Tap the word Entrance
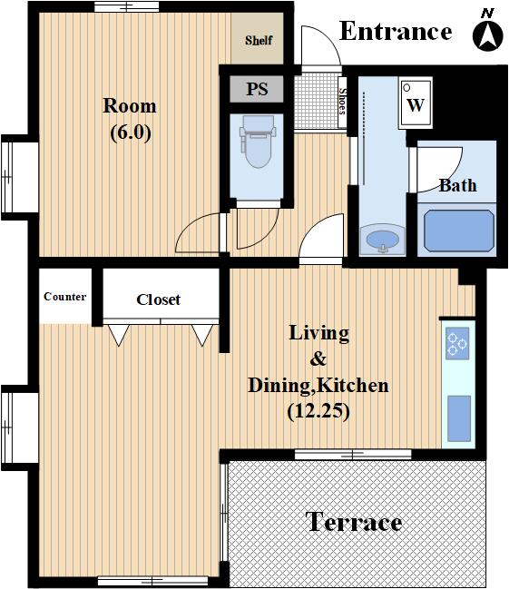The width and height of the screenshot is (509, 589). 396,31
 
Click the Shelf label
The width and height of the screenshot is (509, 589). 259,40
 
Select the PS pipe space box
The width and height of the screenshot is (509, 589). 257,89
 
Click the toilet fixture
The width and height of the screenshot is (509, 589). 258,141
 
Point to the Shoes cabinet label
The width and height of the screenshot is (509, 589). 342,101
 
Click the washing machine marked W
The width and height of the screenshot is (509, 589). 416,103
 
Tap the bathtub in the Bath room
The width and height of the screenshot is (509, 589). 459,231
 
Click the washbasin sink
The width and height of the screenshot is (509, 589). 382,240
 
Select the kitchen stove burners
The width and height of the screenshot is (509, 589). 457,342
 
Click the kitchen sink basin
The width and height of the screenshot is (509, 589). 459,418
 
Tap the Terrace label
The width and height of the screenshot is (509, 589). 354,521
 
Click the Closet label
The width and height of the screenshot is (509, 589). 158,299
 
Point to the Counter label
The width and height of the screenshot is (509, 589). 65,297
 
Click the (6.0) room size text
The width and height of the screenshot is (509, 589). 131,133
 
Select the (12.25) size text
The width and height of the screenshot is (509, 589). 318,411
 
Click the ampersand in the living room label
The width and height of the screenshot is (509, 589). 318,358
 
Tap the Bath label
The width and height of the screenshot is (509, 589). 458,185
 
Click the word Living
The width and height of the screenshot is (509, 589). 319,334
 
